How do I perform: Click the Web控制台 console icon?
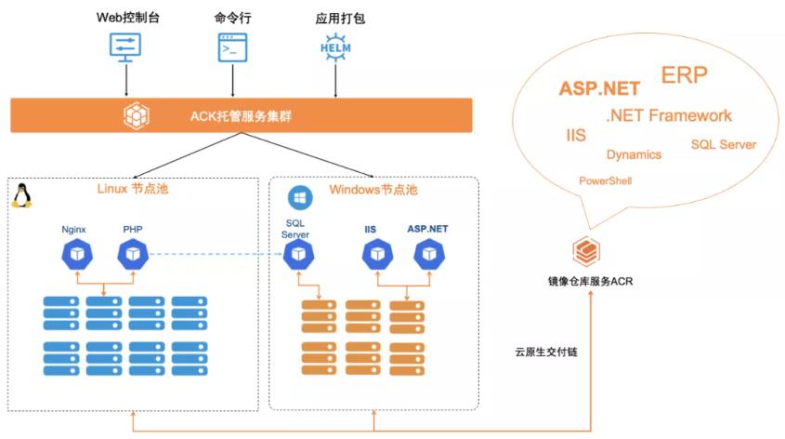126,47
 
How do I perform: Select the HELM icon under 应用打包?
334,47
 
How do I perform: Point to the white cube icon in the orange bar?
137,116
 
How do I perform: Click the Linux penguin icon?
21,195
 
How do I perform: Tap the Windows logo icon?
299,197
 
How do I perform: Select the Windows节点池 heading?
373,190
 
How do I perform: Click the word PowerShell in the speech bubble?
605,180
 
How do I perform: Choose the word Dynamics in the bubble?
634,154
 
